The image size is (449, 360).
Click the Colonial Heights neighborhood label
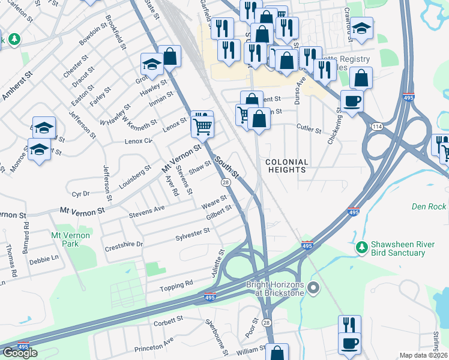pos(286,166)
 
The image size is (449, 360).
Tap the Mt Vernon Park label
pos(70,239)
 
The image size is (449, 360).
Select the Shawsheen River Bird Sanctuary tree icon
pos(361,247)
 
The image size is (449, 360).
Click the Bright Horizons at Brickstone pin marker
pos(312,289)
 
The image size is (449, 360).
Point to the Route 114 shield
pos(377,126)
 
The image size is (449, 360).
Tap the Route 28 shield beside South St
pos(225,182)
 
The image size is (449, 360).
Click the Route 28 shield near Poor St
pos(267,323)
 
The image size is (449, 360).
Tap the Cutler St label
pos(309,128)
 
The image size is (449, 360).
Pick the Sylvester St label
pos(192,233)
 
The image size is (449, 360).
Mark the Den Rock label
pos(429,206)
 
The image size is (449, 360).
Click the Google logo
pos(20,353)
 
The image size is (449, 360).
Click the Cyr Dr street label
pos(80,194)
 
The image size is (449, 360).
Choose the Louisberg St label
pos(134,179)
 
